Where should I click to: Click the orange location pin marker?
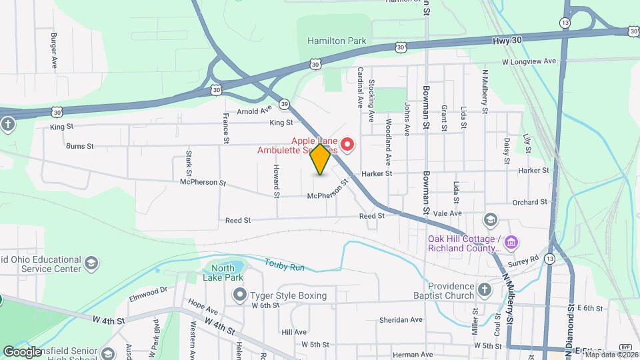pyautogui.click(x=321, y=159)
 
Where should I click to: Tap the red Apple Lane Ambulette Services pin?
pyautogui.click(x=347, y=144)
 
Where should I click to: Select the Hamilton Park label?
pyautogui.click(x=337, y=41)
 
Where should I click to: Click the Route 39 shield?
pyautogui.click(x=285, y=104)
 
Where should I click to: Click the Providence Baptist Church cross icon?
pyautogui.click(x=485, y=290)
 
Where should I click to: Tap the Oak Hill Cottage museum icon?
pyautogui.click(x=511, y=240)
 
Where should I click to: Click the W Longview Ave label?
pyautogui.click(x=529, y=61)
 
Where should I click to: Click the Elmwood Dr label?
pyautogui.click(x=149, y=290)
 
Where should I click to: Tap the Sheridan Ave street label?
pyautogui.click(x=401, y=320)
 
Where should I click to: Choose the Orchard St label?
pyautogui.click(x=530, y=202)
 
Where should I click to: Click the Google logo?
pyautogui.click(x=23, y=351)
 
